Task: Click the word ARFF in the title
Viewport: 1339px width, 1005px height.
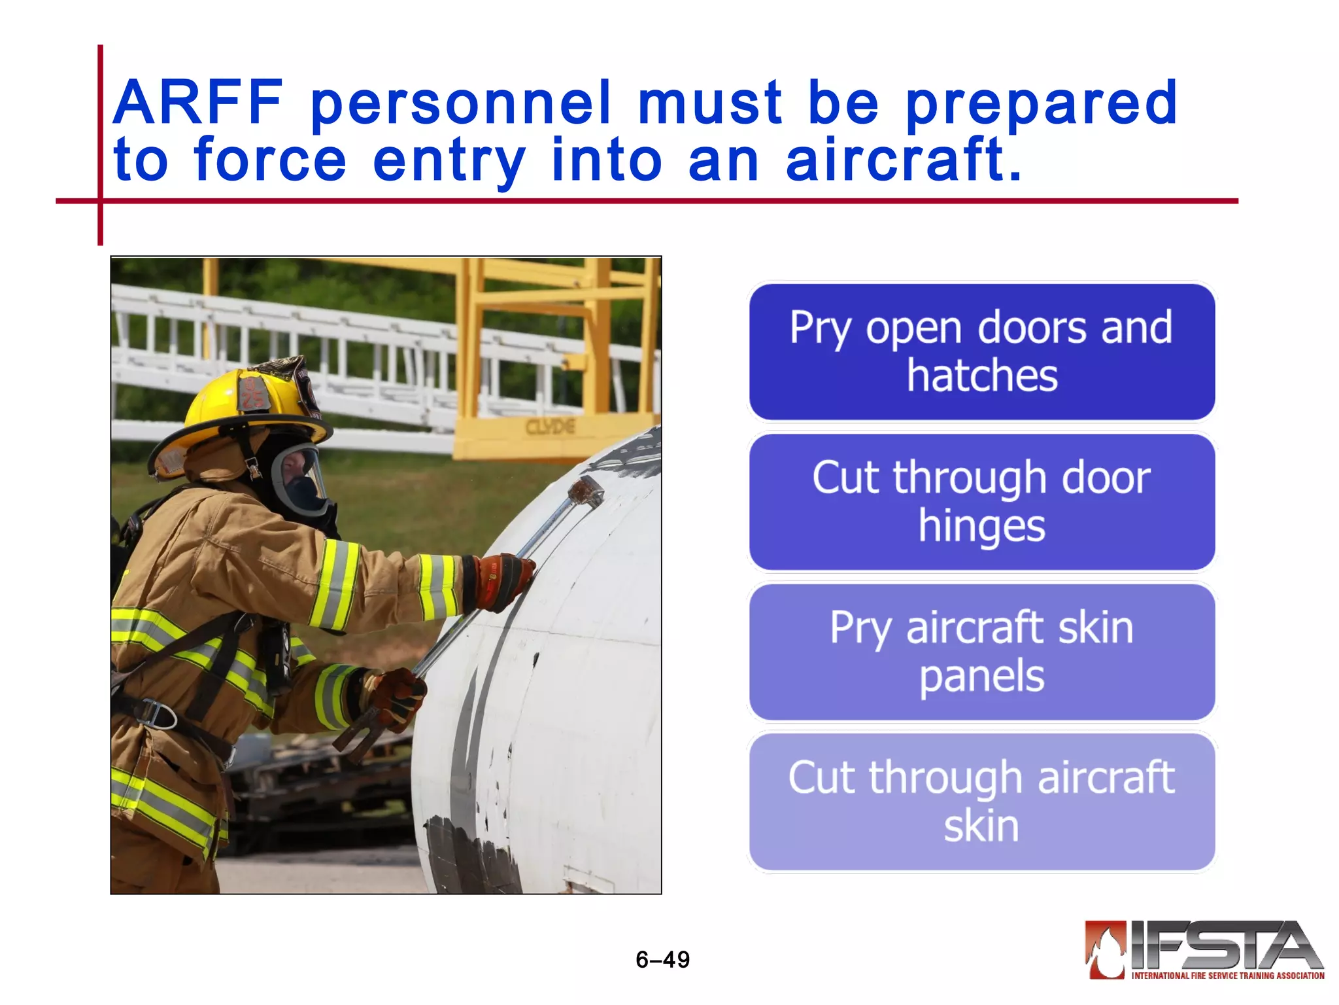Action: [x=198, y=103]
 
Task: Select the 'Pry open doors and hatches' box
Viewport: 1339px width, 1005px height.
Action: [x=981, y=352]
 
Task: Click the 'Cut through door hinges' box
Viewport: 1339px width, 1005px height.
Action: [x=981, y=502]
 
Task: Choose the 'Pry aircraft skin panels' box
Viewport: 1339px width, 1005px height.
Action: [x=981, y=652]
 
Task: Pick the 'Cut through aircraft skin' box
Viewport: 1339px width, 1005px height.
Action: [x=981, y=802]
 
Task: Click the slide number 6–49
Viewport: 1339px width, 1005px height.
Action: [x=662, y=959]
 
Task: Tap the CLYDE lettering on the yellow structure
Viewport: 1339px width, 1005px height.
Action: [x=551, y=427]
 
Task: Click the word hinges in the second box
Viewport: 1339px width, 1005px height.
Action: [x=981, y=526]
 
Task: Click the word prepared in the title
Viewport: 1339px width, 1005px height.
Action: [x=1041, y=103]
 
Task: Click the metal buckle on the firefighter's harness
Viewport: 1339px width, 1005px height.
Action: [x=157, y=714]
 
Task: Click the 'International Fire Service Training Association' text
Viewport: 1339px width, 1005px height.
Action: [x=1227, y=976]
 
